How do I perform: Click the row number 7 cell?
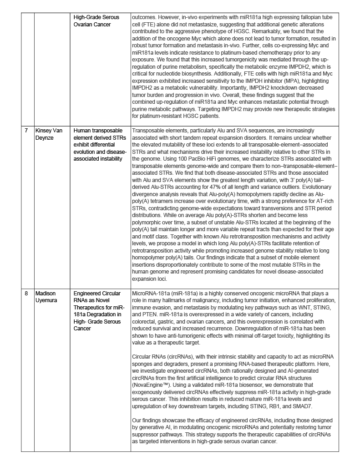click(26, 130)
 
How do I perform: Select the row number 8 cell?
click(26, 294)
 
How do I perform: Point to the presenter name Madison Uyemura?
click(48, 297)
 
